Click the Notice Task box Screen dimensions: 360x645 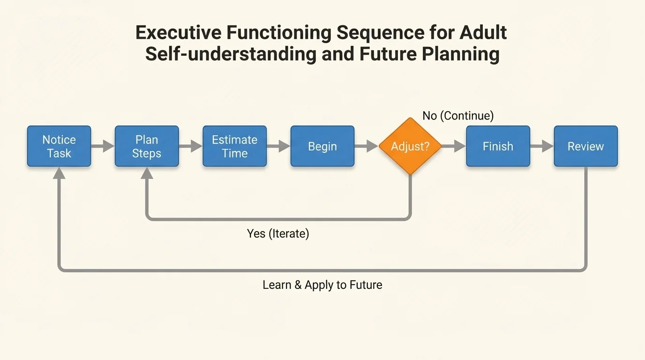click(x=59, y=146)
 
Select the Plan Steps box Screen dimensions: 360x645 click(x=147, y=146)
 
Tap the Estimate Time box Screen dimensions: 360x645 click(x=234, y=146)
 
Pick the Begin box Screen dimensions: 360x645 click(x=322, y=146)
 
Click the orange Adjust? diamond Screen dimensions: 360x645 click(x=410, y=146)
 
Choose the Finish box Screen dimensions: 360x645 click(x=498, y=146)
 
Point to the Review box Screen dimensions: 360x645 click(x=585, y=146)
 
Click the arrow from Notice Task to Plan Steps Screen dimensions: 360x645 click(x=103, y=146)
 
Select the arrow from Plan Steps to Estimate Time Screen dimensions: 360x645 click(x=190, y=146)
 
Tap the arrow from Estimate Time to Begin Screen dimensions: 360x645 click(x=278, y=146)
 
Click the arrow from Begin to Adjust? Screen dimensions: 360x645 click(x=366, y=146)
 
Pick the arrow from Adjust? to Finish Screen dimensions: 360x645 click(x=453, y=146)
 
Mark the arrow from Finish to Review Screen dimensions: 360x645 click(x=542, y=146)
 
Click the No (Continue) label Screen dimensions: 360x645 click(x=458, y=116)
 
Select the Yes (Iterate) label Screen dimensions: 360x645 click(x=278, y=233)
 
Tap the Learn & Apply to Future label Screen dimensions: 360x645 click(x=322, y=285)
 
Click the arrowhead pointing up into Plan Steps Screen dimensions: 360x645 click(x=147, y=173)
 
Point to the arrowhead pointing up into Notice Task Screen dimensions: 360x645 click(x=59, y=173)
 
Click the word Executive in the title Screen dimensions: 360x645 click(x=177, y=33)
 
